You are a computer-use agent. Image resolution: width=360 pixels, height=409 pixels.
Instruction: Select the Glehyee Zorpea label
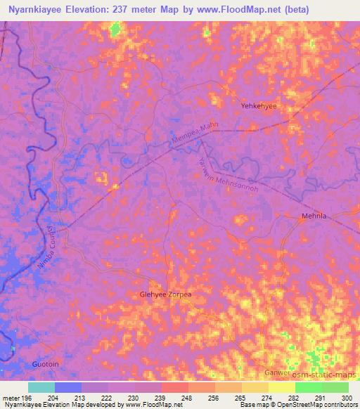tap(166, 295)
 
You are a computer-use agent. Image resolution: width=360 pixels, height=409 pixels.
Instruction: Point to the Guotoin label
tap(47, 365)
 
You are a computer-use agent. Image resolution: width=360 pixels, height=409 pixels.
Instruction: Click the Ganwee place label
tap(276, 372)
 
